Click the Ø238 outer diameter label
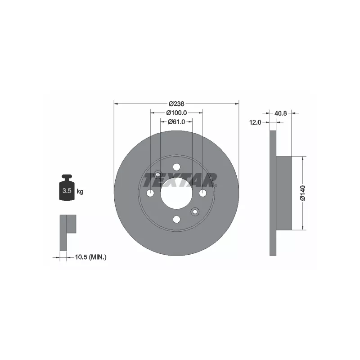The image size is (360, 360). tap(176, 103)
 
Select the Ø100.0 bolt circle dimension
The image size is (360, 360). tap(176, 112)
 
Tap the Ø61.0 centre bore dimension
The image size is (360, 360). tap(176, 121)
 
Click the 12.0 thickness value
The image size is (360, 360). tap(256, 122)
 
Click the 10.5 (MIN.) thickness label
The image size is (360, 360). tap(87, 257)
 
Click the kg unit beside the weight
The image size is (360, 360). tap(80, 191)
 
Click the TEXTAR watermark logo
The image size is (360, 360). tap(180, 180)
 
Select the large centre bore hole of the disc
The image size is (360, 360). tap(176, 193)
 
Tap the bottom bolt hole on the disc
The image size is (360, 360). tap(176, 219)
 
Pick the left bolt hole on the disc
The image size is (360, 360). tap(150, 193)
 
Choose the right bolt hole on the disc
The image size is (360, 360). tap(202, 193)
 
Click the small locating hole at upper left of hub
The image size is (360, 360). tap(158, 175)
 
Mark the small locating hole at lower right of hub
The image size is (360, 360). tap(195, 211)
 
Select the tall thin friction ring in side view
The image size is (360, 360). tap(272, 193)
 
